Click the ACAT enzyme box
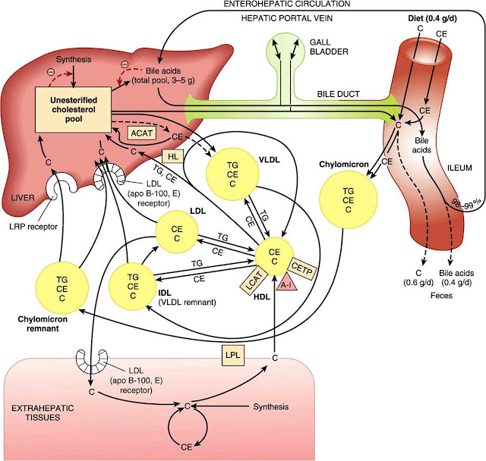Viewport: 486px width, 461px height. tap(142, 133)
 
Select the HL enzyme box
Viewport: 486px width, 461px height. tap(173, 156)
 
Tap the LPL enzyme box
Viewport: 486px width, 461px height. tap(233, 356)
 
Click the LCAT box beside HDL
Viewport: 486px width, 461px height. tap(254, 281)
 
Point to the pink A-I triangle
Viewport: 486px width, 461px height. tap(287, 282)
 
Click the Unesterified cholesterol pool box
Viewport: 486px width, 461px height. tap(74, 110)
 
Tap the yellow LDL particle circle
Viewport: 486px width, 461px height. tap(177, 232)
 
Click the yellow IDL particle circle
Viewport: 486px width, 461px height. tap(132, 286)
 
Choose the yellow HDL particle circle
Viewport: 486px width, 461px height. tap(274, 256)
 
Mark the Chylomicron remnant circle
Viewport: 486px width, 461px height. tap(62, 288)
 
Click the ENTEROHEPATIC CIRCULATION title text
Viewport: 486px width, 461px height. tap(287, 4)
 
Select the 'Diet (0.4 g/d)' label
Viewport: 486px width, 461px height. tap(432, 18)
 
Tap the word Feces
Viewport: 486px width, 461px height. tap(441, 296)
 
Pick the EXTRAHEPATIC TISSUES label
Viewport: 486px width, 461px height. tap(43, 412)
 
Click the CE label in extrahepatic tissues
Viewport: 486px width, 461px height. tap(186, 447)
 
